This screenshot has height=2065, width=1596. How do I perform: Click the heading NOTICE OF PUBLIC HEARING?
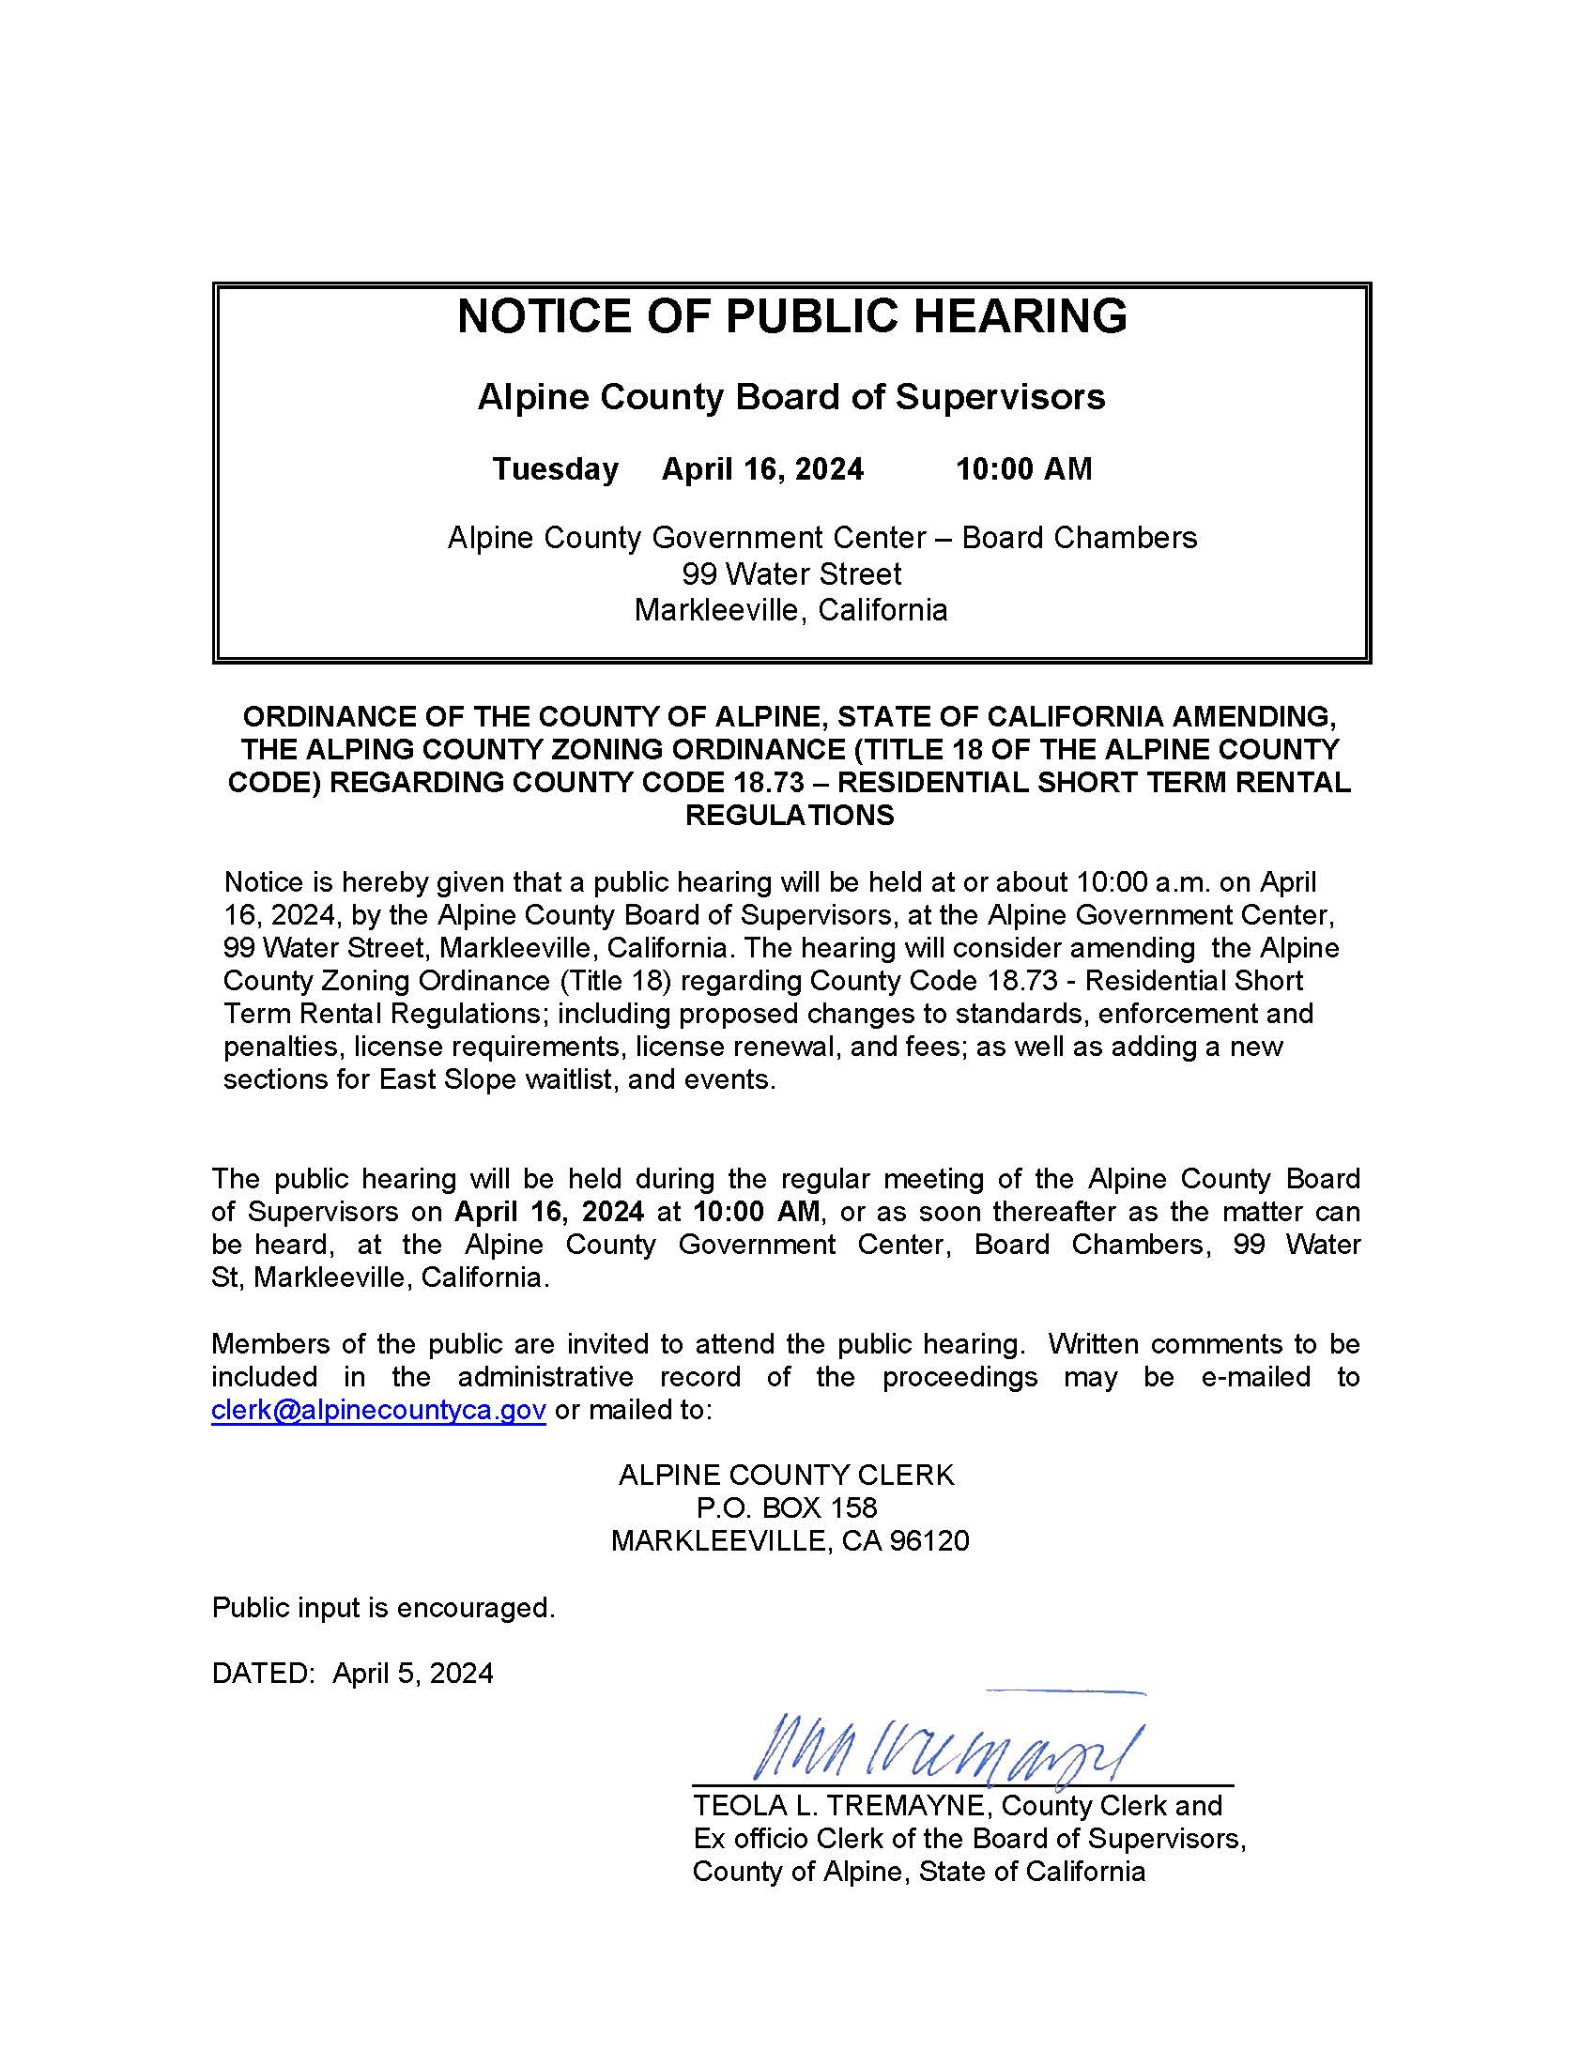tap(791, 315)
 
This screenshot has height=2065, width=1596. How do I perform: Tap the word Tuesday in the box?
tap(555, 469)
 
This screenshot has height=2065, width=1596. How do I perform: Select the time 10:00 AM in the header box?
tap(1024, 469)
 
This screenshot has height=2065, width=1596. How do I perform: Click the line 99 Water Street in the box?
tap(791, 574)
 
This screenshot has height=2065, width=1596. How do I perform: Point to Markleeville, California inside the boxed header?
tap(791, 610)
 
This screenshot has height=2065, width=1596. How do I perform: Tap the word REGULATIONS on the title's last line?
tap(790, 815)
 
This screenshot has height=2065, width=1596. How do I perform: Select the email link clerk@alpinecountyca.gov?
tap(378, 1410)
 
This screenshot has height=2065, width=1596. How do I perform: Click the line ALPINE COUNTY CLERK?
tap(787, 1475)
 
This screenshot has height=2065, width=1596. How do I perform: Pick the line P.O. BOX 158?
tap(787, 1508)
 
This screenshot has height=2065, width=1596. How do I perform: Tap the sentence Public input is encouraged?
tap(383, 1607)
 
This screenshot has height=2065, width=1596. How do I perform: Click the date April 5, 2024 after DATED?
tap(413, 1674)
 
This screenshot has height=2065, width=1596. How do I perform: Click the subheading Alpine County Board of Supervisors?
tap(791, 397)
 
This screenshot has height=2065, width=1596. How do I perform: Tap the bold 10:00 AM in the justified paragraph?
tap(756, 1212)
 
